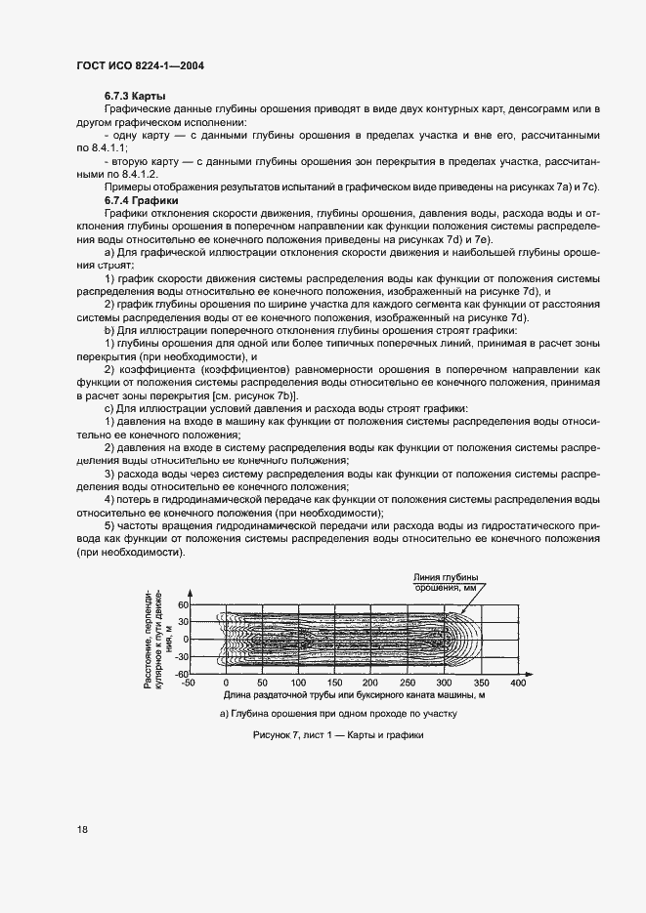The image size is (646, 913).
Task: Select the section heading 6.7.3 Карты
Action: tap(134, 96)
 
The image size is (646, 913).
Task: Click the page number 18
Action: tap(82, 830)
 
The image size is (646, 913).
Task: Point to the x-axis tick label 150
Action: tap(335, 683)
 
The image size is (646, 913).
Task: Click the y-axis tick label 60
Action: tap(181, 605)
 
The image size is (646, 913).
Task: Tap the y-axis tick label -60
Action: tap(180, 674)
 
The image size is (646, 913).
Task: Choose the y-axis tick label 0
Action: tap(185, 640)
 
